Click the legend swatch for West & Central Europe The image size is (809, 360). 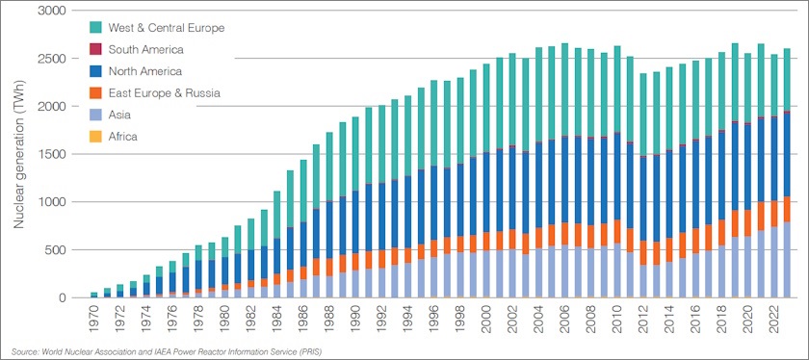(x=94, y=28)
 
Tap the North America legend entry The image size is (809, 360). (x=145, y=71)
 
